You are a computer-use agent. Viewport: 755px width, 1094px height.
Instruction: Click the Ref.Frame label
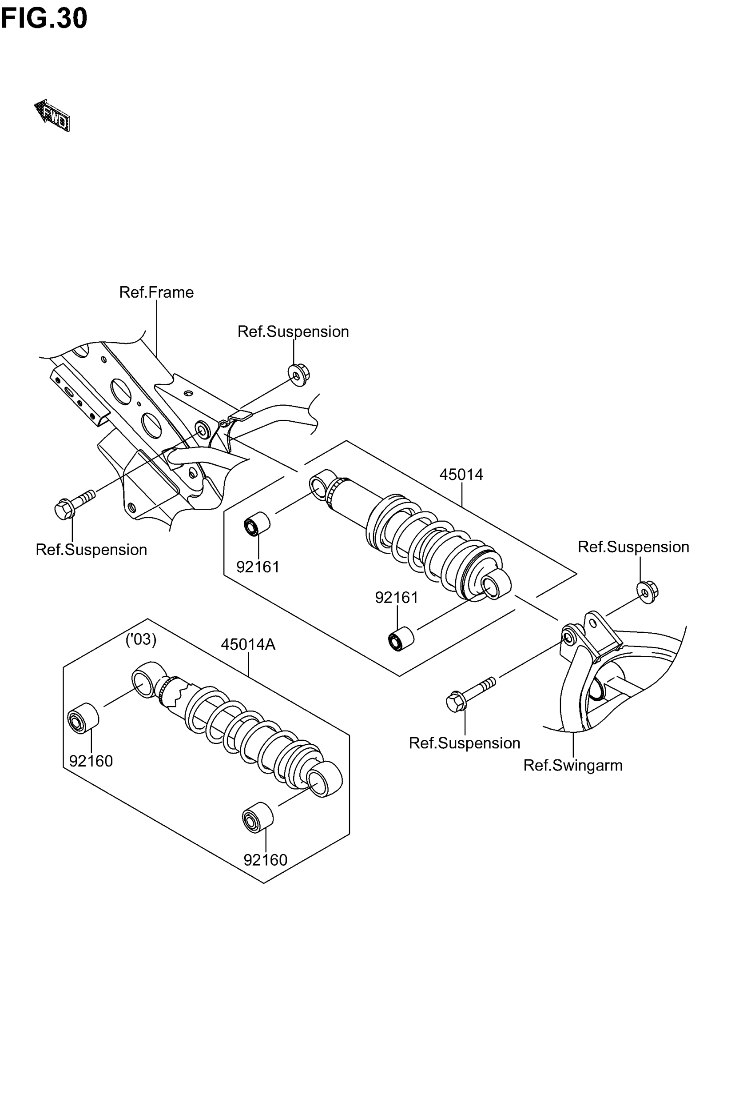(156, 292)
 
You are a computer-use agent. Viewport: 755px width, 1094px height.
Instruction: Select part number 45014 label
(461, 474)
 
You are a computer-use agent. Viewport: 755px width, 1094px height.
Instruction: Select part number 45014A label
(248, 644)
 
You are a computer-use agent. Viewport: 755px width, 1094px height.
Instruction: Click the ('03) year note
(141, 639)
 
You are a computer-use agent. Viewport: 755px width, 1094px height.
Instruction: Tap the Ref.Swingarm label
(572, 765)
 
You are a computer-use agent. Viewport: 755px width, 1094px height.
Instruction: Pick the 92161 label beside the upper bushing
(258, 567)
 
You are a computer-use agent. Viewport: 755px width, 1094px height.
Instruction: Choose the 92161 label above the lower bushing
(397, 598)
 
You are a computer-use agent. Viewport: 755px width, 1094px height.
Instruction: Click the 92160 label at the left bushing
(91, 761)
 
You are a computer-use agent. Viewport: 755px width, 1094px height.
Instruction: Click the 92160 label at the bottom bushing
(266, 860)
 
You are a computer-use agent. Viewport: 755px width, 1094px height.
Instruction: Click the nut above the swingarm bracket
(647, 592)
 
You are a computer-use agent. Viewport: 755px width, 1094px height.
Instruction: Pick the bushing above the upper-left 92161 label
(257, 523)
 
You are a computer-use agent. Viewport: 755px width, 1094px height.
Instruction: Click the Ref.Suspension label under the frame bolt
(91, 549)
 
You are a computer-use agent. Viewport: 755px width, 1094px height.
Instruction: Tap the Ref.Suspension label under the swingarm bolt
(464, 743)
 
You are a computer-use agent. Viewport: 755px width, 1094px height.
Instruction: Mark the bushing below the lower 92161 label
(401, 639)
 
